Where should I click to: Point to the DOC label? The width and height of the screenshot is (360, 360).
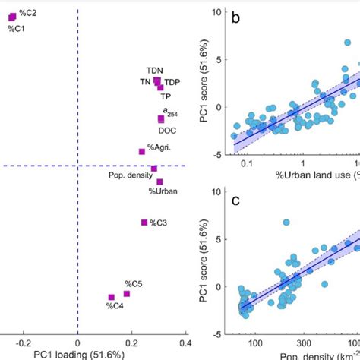[166, 130]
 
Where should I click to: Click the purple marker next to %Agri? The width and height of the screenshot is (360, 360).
[142, 151]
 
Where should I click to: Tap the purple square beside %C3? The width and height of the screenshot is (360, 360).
[144, 223]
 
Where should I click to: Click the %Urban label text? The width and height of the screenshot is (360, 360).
[163, 191]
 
